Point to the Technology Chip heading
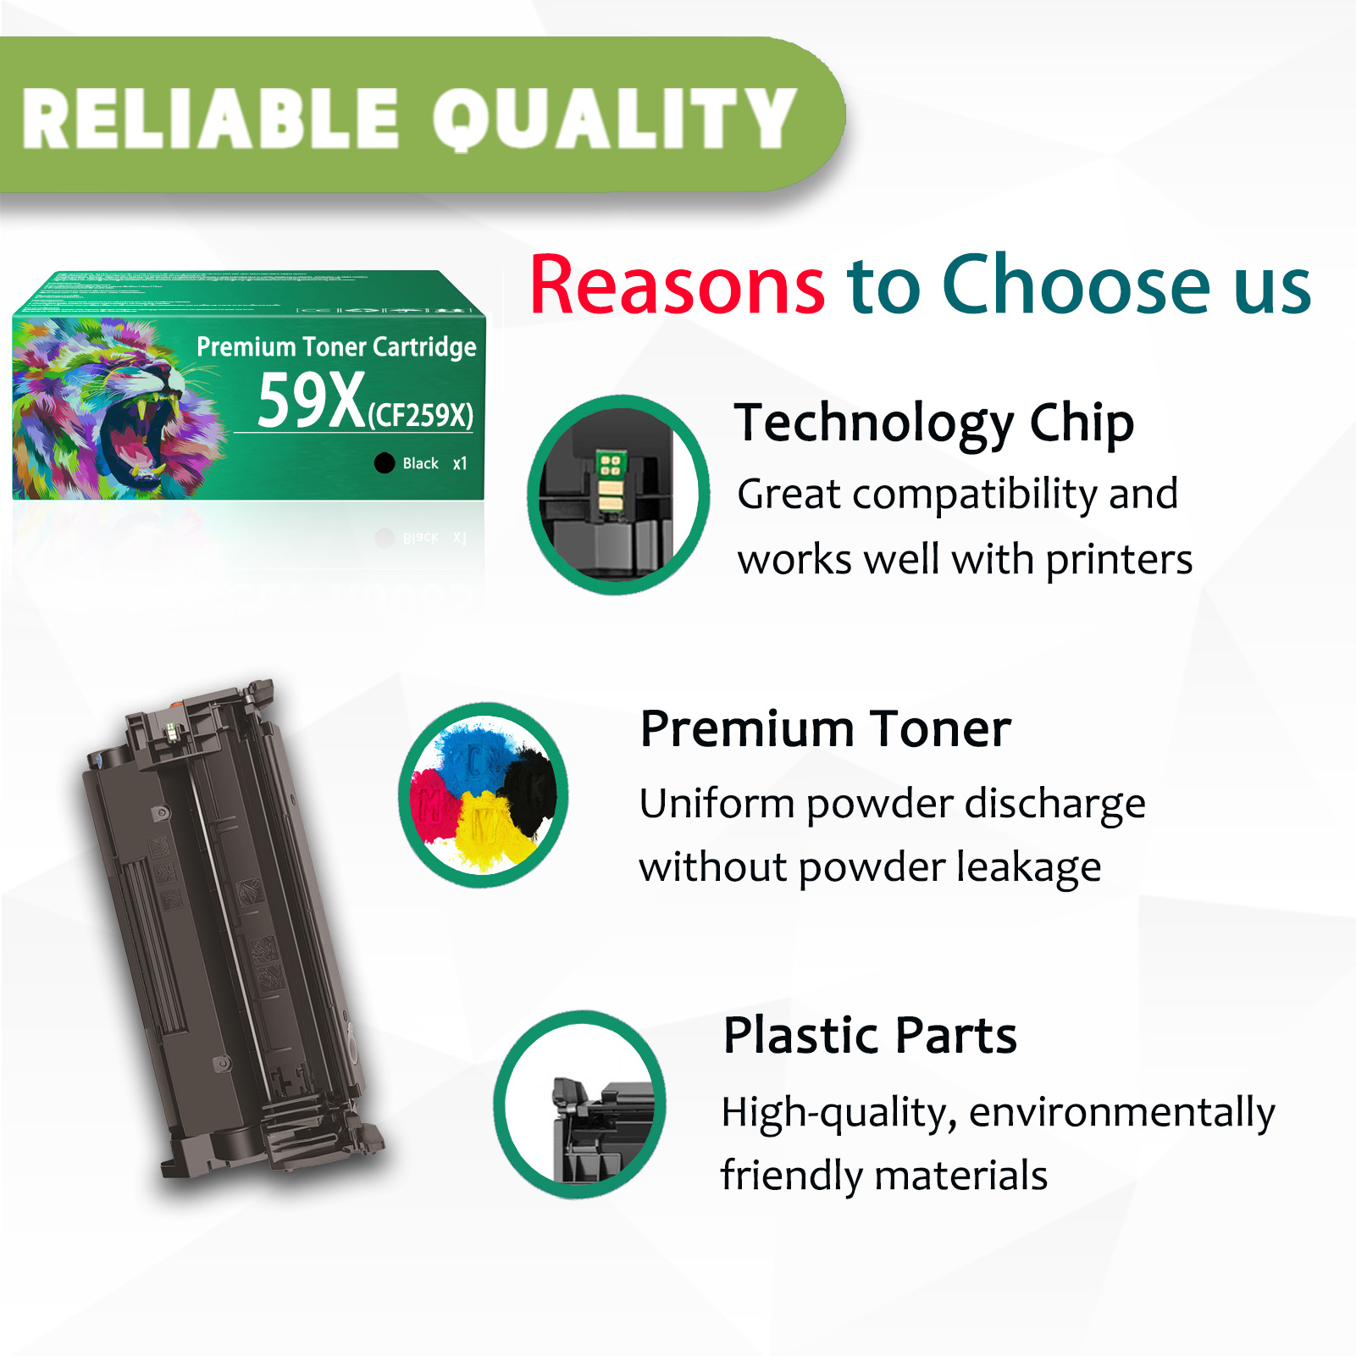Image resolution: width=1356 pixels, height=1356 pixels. pos(933,423)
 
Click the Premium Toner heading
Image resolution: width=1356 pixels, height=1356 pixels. pos(825,729)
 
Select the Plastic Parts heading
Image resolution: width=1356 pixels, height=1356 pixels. pos(870,1035)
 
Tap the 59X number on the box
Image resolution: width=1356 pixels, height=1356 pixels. pos(311,401)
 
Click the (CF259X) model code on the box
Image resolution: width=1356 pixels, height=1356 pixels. pos(421,415)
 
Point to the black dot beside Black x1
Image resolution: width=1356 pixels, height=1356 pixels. pos(385,462)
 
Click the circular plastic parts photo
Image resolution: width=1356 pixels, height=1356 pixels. pos(580,1104)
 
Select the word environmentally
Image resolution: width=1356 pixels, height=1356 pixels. pos(1121,1113)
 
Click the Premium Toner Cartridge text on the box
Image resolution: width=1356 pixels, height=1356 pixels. pos(336,347)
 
